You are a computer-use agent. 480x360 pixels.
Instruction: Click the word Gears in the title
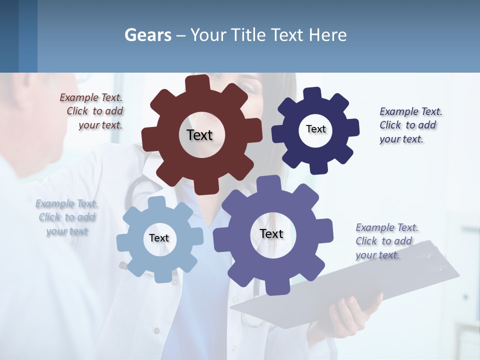[147, 35]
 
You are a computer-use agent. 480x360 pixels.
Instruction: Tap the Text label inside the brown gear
[199, 135]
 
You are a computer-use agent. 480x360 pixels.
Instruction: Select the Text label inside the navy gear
[315, 129]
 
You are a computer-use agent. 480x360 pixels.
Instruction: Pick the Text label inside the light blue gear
[158, 238]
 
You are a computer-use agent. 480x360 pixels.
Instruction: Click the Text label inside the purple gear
[271, 233]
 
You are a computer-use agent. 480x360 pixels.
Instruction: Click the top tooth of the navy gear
[312, 94]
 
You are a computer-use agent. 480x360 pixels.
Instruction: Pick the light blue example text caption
[66, 217]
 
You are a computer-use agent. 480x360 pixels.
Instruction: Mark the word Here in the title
[327, 35]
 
